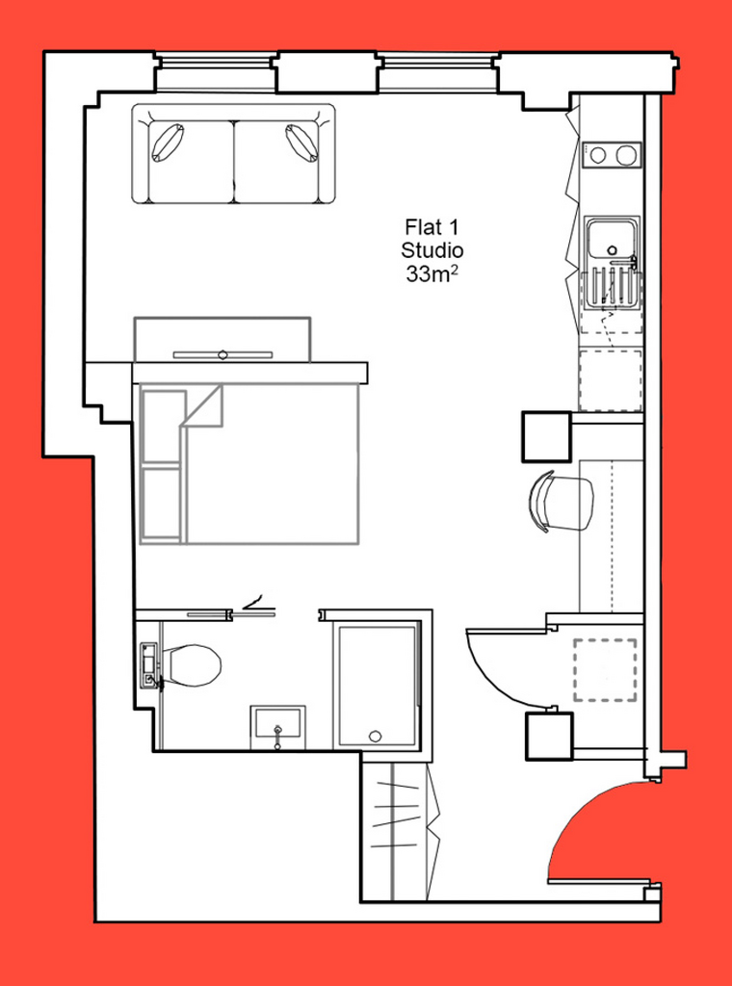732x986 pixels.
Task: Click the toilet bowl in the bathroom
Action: point(193,666)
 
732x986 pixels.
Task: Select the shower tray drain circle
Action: point(376,736)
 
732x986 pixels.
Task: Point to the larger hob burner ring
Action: point(626,155)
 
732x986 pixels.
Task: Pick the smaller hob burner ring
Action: point(598,155)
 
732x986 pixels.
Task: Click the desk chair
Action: point(561,501)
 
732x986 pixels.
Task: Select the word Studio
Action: point(432,250)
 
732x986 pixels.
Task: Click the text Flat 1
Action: point(432,225)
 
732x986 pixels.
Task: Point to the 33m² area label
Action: point(431,274)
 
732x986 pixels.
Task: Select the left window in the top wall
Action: point(215,71)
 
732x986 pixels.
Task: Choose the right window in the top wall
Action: point(438,71)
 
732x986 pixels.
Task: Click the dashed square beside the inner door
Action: point(605,670)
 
